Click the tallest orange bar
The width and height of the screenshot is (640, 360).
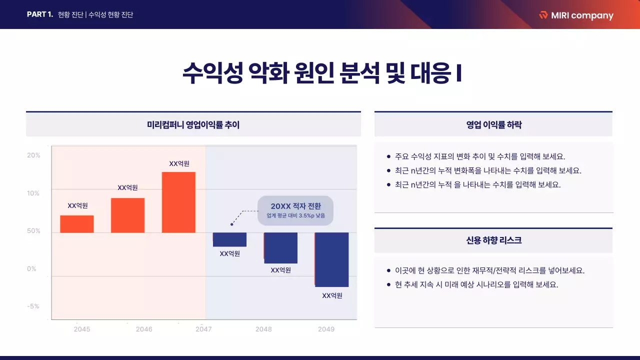coord(178,202)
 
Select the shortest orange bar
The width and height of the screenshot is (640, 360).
coord(77,224)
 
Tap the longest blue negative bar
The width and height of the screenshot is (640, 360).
coord(331,259)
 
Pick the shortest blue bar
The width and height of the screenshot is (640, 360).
coord(229,239)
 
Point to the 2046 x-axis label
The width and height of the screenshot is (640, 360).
coord(144,329)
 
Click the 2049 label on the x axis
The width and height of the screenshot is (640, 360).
coord(326,329)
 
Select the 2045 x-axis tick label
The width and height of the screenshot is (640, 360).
coord(82,329)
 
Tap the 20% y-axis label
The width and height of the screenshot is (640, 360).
coord(33,155)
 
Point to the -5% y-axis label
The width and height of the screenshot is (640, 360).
coord(33,306)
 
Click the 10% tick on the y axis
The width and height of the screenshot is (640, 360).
coord(33,193)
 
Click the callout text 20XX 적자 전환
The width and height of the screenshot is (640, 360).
coord(295,206)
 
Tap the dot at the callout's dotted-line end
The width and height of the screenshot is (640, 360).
coord(231,224)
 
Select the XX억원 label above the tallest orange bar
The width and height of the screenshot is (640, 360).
coord(179,163)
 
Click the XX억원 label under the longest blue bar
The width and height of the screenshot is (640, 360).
coord(332,295)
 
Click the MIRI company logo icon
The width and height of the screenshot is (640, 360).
coord(543,15)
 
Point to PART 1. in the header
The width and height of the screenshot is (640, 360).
coord(40,14)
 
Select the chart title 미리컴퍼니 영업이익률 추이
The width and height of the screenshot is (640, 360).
coord(193,125)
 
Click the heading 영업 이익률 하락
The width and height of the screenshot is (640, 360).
coord(493,125)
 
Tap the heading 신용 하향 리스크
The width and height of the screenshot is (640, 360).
coord(493,240)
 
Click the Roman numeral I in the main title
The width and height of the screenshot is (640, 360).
coord(458,73)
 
